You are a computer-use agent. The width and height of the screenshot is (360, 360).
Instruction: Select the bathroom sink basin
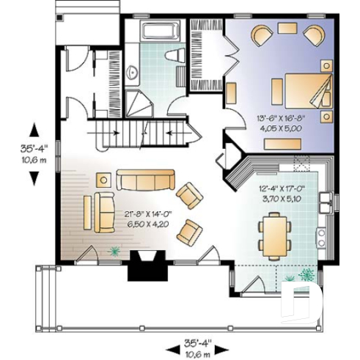pos(132,72)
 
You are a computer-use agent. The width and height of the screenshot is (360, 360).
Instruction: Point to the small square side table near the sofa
pos(104,180)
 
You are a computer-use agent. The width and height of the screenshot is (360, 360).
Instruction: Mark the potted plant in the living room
pos(114,251)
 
